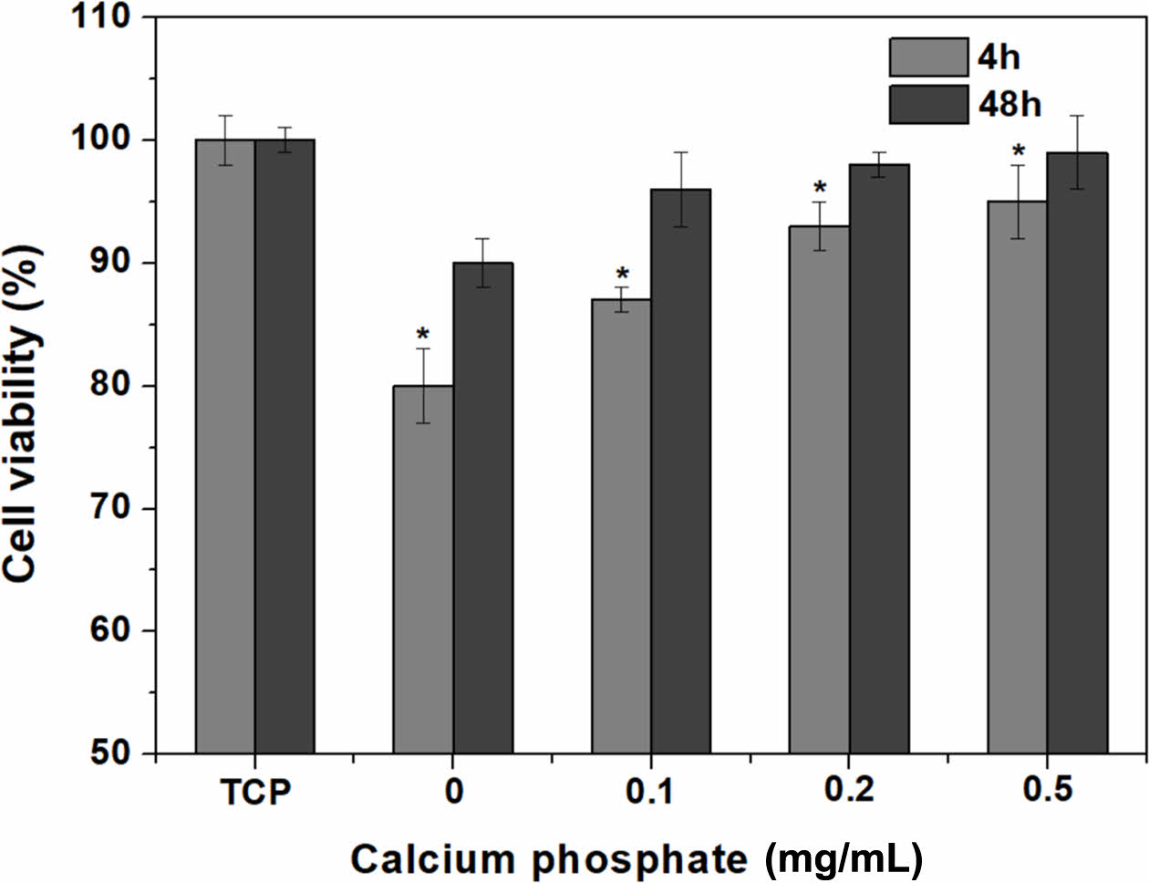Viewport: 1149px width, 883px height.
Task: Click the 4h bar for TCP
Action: click(x=225, y=447)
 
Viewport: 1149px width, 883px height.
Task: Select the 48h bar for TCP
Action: click(x=285, y=447)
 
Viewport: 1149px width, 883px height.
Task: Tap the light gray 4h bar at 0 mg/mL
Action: click(x=423, y=570)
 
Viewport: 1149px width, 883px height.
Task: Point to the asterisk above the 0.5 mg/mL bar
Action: click(x=1018, y=151)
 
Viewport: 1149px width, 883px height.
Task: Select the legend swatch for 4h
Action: click(x=928, y=57)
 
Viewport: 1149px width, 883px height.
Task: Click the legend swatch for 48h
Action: click(x=928, y=104)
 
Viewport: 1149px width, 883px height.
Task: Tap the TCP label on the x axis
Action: click(x=255, y=792)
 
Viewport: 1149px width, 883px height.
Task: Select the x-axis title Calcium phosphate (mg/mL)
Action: click(x=637, y=859)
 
